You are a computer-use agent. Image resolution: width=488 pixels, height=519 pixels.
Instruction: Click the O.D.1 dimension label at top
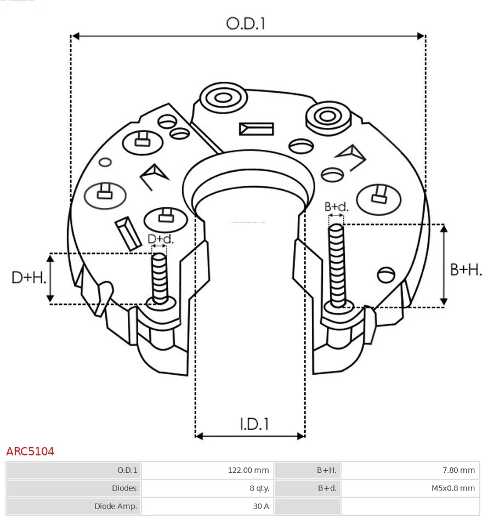(246, 23)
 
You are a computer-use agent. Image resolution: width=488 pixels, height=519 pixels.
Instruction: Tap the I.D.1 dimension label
(254, 424)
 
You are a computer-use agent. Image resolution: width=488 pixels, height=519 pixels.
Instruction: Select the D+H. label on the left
(29, 278)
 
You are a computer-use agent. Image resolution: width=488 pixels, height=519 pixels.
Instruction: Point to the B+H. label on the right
(466, 269)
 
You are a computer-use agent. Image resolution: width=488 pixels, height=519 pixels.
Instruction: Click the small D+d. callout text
(160, 239)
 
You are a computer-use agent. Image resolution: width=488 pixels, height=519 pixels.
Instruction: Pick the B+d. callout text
(336, 207)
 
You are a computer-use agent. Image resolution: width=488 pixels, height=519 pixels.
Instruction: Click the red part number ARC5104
(30, 452)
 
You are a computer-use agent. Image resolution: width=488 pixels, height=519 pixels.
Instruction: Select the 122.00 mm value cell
(248, 470)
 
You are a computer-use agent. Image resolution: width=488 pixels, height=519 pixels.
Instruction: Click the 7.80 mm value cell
(459, 470)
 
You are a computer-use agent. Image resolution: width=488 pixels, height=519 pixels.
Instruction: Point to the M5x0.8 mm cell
(452, 488)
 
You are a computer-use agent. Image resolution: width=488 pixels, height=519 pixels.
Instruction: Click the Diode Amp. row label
(115, 506)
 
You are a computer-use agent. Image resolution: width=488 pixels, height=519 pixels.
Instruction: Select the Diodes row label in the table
(124, 488)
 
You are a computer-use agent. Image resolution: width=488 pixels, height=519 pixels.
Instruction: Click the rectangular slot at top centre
(256, 129)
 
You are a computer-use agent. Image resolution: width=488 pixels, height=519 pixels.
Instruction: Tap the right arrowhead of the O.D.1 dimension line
(421, 36)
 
